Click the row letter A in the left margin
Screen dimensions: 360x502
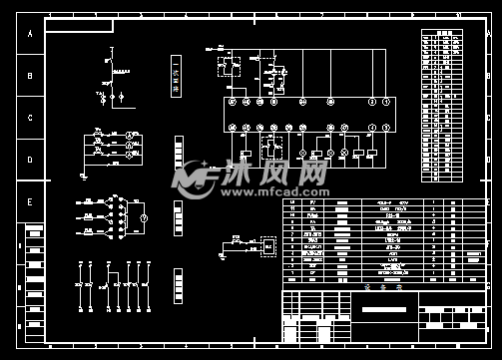pyautogui.click(x=30, y=33)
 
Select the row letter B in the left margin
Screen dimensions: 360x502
pyautogui.click(x=30, y=76)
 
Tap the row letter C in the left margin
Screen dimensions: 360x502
pyautogui.click(x=30, y=118)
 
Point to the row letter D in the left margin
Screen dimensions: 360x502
pyautogui.click(x=30, y=160)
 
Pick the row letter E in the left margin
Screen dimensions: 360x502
pyautogui.click(x=30, y=202)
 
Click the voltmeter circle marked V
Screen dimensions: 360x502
pyautogui.click(x=143, y=216)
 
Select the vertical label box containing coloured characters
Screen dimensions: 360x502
pyautogui.click(x=177, y=76)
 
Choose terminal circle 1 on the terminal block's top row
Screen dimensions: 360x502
pyautogui.click(x=371, y=101)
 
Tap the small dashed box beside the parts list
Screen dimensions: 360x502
pyautogui.click(x=266, y=243)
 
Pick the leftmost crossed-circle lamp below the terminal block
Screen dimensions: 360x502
pyautogui.click(x=315, y=153)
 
